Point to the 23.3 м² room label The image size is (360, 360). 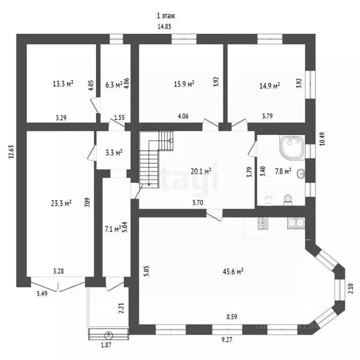[x=61, y=203]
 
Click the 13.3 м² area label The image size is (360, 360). [x=62, y=84]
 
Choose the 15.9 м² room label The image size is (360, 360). [x=184, y=84]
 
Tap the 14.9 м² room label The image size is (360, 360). [x=270, y=85]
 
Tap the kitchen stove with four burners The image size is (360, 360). [x=262, y=223]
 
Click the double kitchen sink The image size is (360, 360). [x=295, y=223]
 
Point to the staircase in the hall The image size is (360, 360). [x=156, y=159]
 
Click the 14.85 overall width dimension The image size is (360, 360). [x=164, y=27]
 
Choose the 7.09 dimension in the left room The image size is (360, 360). [x=87, y=203]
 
